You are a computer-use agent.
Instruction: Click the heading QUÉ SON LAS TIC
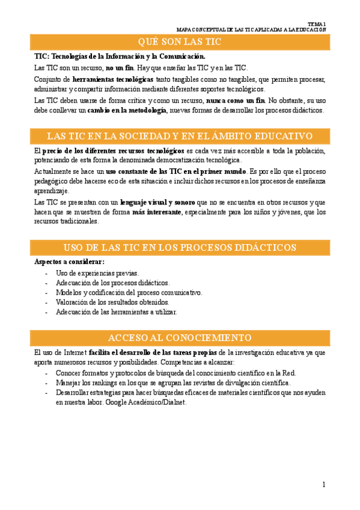[180, 41]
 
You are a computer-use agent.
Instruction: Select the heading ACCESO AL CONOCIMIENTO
[180, 337]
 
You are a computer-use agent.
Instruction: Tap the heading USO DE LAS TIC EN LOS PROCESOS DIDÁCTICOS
[180, 248]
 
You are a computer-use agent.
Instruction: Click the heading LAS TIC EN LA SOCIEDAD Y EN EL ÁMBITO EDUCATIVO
[180, 136]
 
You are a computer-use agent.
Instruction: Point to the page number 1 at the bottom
[323, 484]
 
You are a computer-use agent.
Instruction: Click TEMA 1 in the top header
[316, 23]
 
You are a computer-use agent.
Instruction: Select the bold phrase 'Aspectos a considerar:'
[70, 262]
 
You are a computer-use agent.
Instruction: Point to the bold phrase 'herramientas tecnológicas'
[112, 79]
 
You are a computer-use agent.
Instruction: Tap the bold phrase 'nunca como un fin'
[236, 100]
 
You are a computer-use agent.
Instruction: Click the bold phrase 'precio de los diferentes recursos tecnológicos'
[113, 150]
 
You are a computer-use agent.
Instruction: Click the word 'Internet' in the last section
[75, 352]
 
